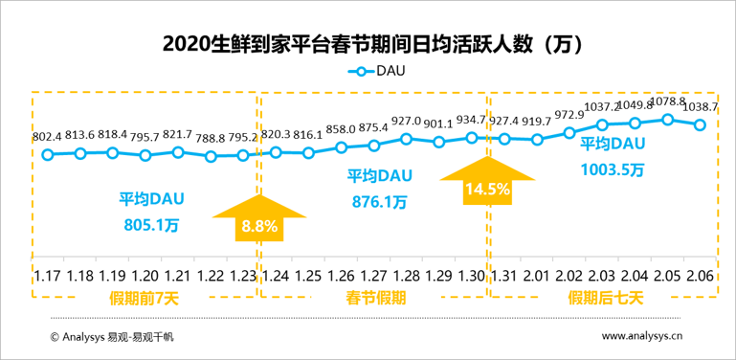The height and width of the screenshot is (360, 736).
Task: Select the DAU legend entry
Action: [x=376, y=72]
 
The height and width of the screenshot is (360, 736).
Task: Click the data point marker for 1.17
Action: [x=48, y=154]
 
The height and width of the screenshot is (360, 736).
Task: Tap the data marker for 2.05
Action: [x=667, y=120]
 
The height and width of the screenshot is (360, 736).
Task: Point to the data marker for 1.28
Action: [x=407, y=139]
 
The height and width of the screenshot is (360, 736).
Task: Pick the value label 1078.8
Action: [x=667, y=101]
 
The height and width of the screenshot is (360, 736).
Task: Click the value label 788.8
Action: [x=211, y=136]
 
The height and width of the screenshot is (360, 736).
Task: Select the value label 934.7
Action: [x=472, y=119]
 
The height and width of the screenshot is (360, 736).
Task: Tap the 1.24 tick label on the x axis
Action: [x=276, y=275]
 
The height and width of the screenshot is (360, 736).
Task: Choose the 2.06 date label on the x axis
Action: [x=701, y=275]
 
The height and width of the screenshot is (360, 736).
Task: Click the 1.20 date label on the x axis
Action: [x=145, y=275]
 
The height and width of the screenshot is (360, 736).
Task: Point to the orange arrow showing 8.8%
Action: [x=259, y=218]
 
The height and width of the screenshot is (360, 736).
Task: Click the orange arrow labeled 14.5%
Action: [x=487, y=181]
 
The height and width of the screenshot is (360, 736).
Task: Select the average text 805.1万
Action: [x=151, y=225]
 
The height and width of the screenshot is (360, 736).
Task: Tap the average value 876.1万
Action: [x=379, y=202]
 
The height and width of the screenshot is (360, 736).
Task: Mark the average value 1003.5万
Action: [x=612, y=169]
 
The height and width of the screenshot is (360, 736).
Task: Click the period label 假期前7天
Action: [x=145, y=299]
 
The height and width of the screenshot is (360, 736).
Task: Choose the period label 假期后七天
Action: [x=605, y=299]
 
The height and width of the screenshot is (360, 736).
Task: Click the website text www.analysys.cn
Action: [x=642, y=336]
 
